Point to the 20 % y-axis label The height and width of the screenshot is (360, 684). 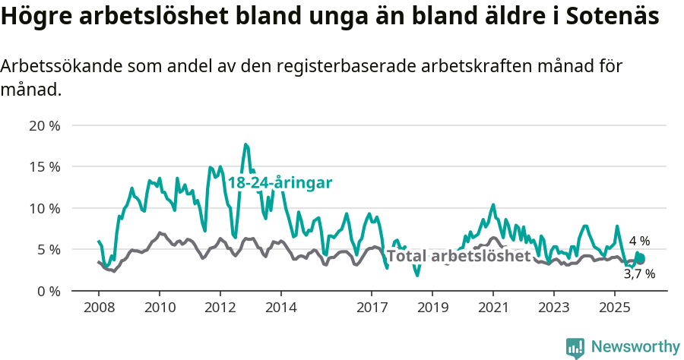pyautogui.click(x=44, y=125)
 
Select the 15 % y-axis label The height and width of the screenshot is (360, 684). pyautogui.click(x=44, y=166)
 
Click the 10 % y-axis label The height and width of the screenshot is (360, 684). pyautogui.click(x=44, y=207)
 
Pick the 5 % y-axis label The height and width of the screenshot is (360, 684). pyautogui.click(x=48, y=249)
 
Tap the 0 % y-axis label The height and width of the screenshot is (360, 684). pyautogui.click(x=48, y=290)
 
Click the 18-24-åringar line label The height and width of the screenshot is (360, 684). pyautogui.click(x=280, y=183)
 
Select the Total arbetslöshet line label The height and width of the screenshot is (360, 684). pyautogui.click(x=458, y=256)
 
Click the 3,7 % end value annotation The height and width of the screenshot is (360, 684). pyautogui.click(x=639, y=273)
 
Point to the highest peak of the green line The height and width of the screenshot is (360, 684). pyautogui.click(x=245, y=144)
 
